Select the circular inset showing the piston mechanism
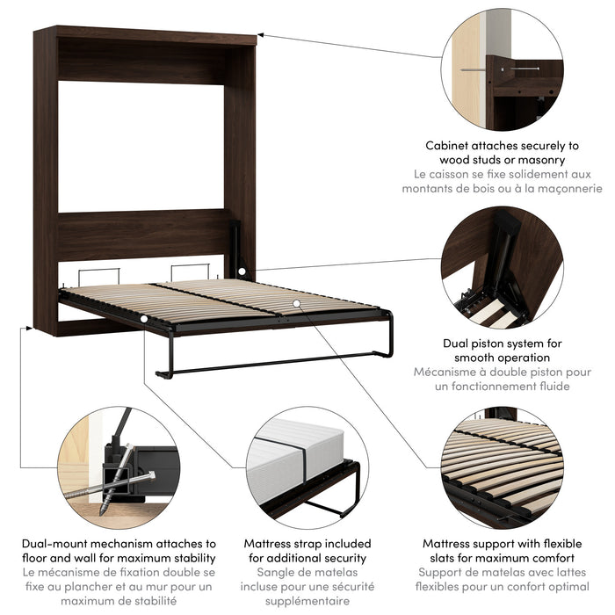[502, 268]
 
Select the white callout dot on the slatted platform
[298, 302]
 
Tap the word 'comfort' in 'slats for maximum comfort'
[547, 558]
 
